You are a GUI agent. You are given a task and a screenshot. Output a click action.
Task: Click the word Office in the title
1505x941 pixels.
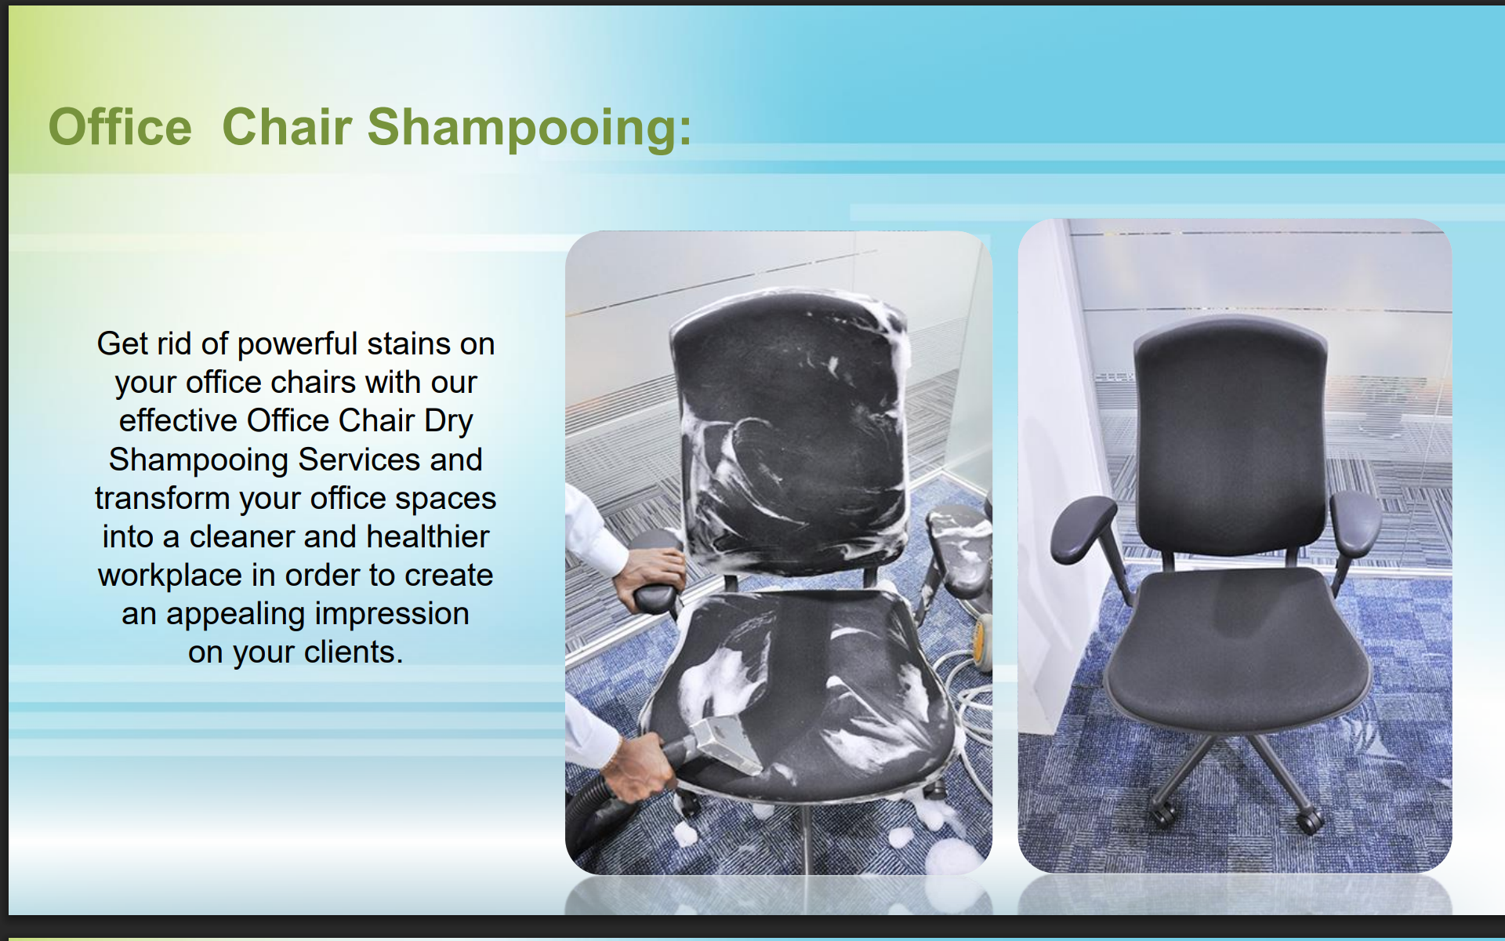tap(120, 127)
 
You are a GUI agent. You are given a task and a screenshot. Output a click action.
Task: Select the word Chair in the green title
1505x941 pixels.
tap(287, 127)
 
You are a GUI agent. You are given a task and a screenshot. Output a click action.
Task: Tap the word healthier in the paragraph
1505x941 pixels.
tap(428, 537)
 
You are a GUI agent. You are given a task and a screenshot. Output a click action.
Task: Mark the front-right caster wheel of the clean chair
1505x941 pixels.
tap(1310, 821)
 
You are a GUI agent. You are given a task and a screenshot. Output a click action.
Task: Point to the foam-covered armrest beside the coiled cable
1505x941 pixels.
tap(960, 549)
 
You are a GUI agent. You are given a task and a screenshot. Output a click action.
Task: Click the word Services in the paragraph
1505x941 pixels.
tap(359, 460)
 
